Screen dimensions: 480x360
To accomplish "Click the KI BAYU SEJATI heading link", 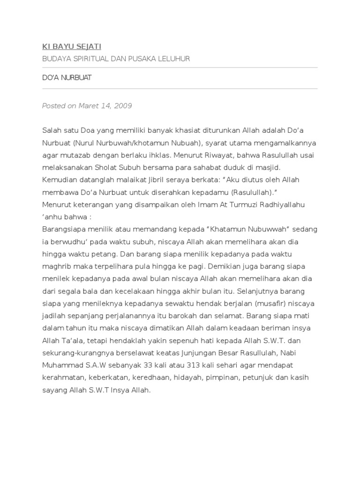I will [x=71, y=46].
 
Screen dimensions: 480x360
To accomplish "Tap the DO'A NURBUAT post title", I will [x=67, y=78].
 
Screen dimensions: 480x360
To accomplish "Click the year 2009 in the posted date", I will [x=123, y=106].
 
